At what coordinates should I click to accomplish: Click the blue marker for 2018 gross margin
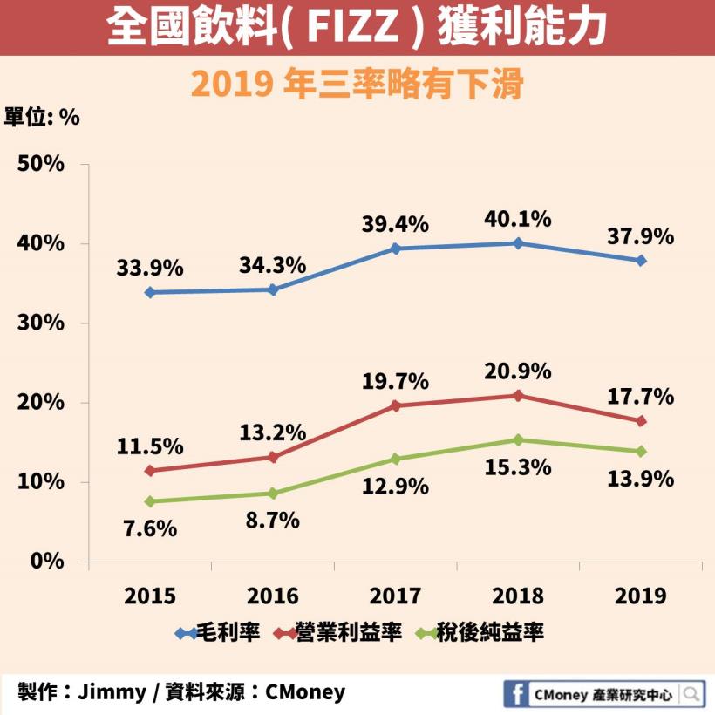click(x=518, y=243)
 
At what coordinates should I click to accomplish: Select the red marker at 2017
click(x=395, y=405)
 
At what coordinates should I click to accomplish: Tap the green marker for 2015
click(x=150, y=501)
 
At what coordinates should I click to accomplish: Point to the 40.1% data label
click(x=518, y=219)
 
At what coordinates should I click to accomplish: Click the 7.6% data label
click(x=150, y=528)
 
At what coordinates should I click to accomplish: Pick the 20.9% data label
click(x=518, y=371)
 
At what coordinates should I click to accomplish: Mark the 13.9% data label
click(x=641, y=479)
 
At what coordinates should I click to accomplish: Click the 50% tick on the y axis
click(x=41, y=164)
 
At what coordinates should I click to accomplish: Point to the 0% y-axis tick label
click(x=47, y=561)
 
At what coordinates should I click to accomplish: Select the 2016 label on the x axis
click(x=272, y=596)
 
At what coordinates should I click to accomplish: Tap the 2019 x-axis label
click(x=641, y=596)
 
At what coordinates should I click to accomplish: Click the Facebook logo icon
click(x=517, y=694)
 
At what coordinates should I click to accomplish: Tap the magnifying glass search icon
click(x=691, y=694)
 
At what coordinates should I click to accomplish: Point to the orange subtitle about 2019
click(x=357, y=85)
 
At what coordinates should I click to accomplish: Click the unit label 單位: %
click(x=43, y=118)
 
